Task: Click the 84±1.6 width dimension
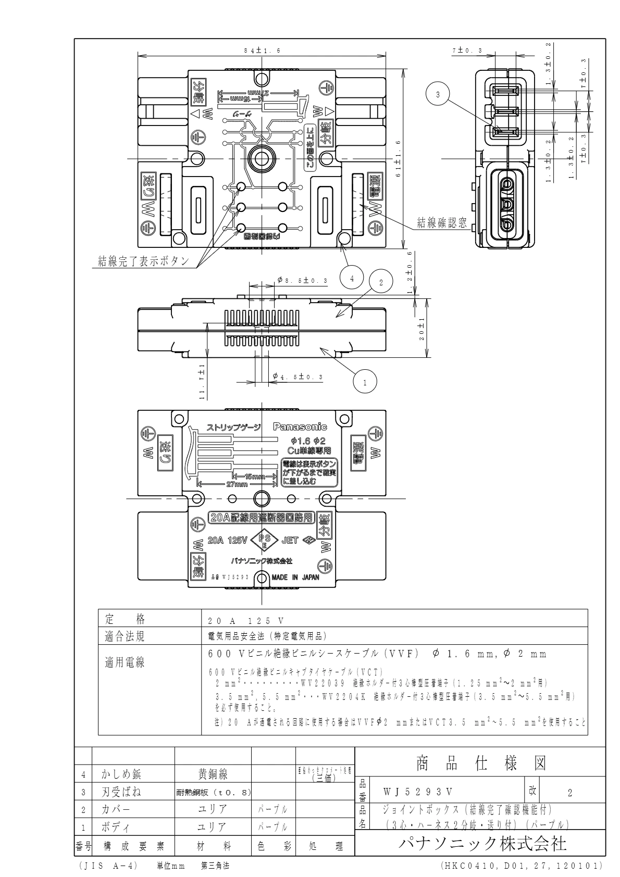(x=262, y=51)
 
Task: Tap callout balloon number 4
(x=352, y=279)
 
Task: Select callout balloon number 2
(x=381, y=282)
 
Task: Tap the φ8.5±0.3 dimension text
(x=302, y=281)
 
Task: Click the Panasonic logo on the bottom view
(x=301, y=427)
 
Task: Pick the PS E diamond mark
(x=264, y=541)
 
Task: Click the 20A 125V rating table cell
(x=245, y=621)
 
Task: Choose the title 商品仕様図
(x=480, y=764)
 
